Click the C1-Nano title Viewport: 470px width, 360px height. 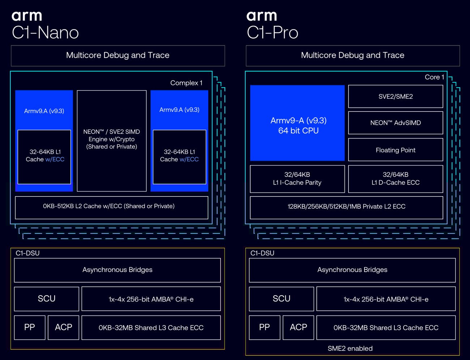pos(46,33)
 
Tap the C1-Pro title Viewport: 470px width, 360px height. pos(272,33)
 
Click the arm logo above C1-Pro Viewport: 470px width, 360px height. pos(262,16)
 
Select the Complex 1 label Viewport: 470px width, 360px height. pos(186,83)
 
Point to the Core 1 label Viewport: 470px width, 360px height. pos(434,77)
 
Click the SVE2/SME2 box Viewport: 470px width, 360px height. pos(396,97)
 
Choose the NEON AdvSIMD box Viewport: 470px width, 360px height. pos(396,123)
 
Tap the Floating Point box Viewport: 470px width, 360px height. pos(396,150)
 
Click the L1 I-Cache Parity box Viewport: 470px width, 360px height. pos(297,179)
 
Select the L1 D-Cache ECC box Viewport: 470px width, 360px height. pos(396,179)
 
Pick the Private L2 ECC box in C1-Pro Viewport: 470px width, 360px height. pos(346,208)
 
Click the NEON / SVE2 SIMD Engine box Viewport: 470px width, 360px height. pos(112,141)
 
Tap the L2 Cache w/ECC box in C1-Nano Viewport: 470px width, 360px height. pos(112,208)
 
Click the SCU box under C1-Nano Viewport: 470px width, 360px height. pos(47,299)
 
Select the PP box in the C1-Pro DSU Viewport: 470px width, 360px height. pos(264,327)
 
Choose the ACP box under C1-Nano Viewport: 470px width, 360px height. pos(63,327)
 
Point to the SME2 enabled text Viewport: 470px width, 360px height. pos(350,348)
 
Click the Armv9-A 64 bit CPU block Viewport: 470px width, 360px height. pos(297,123)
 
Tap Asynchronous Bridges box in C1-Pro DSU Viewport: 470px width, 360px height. pos(352,270)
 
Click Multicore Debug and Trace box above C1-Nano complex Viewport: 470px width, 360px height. pos(118,56)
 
